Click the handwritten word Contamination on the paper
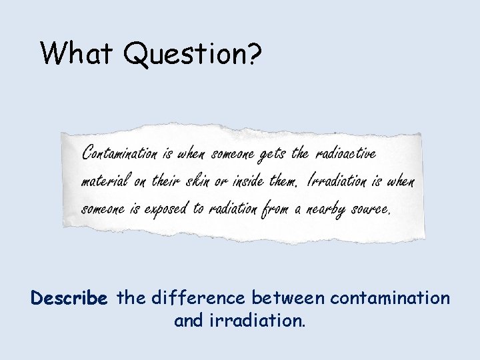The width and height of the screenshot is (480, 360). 119,154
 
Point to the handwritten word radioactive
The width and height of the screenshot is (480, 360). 345,153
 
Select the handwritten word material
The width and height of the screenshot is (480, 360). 105,181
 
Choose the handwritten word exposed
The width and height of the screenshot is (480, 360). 165,209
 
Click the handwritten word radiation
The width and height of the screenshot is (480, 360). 232,208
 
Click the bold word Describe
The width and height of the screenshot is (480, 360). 69,298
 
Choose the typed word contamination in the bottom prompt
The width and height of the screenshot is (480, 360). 391,298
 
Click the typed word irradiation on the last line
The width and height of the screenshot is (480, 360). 256,321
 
